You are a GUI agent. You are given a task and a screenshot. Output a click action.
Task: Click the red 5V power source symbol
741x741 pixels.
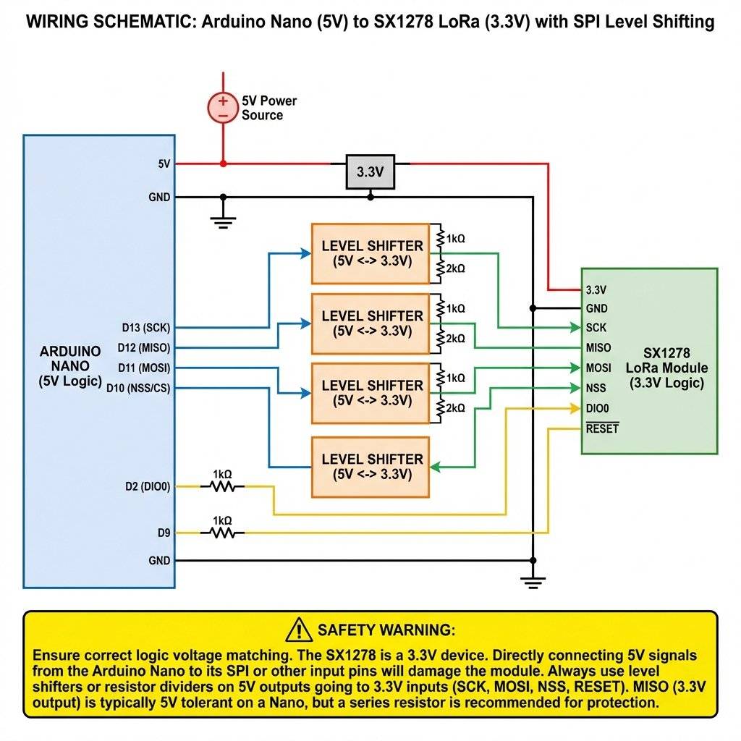pyautogui.click(x=223, y=109)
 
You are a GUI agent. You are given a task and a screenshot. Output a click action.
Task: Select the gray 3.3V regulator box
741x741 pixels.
pyautogui.click(x=370, y=172)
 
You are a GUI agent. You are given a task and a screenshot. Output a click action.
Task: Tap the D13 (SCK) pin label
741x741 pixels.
pyautogui.click(x=147, y=327)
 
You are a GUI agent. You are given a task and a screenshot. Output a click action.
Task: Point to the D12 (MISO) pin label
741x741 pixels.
pyautogui.click(x=145, y=348)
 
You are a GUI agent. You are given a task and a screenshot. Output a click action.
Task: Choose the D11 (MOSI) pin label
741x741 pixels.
pyautogui.click(x=145, y=368)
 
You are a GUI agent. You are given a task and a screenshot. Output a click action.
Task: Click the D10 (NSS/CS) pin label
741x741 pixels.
pyautogui.click(x=138, y=388)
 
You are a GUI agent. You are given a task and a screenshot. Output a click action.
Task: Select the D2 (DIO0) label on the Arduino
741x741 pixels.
pyautogui.click(x=147, y=486)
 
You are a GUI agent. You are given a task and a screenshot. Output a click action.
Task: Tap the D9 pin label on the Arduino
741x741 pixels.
pyautogui.click(x=164, y=533)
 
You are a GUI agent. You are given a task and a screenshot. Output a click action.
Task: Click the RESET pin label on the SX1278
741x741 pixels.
pyautogui.click(x=602, y=428)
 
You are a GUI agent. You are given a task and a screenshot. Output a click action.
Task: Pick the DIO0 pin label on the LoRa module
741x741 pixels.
pyautogui.click(x=599, y=408)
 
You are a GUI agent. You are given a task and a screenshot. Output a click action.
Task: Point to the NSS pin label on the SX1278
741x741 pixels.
pyautogui.click(x=596, y=388)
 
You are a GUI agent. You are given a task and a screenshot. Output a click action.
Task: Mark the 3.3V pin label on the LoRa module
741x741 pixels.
pyautogui.click(x=596, y=289)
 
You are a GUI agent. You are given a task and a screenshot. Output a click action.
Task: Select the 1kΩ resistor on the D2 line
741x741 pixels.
pyautogui.click(x=223, y=487)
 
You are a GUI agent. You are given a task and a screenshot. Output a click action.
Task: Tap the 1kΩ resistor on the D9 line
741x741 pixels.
pyautogui.click(x=223, y=533)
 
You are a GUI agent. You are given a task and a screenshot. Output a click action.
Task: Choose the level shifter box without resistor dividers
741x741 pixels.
pyautogui.click(x=370, y=467)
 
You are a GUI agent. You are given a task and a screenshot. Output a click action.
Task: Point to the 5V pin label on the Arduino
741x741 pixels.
pyautogui.click(x=164, y=164)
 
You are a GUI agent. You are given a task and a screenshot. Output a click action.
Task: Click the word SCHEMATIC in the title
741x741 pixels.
pyautogui.click(x=144, y=22)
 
